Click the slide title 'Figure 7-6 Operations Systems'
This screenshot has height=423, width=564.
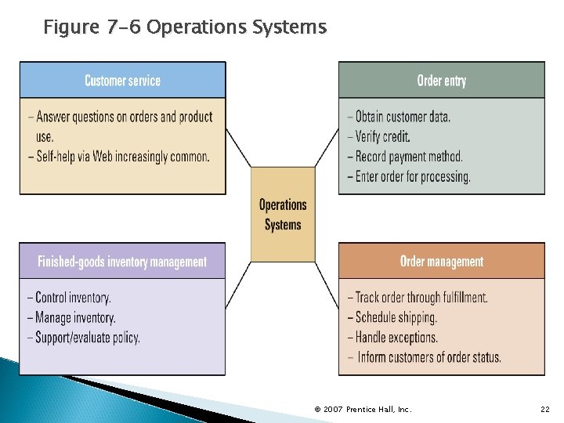[x=184, y=28]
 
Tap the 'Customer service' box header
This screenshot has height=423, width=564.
[x=122, y=81]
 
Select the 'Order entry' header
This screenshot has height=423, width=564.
[x=441, y=81]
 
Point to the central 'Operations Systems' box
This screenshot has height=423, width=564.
[x=283, y=214]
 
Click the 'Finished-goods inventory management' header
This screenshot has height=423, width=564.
[x=122, y=262]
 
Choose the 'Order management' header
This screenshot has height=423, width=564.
[x=441, y=262]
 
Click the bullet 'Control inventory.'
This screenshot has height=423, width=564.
[x=73, y=298]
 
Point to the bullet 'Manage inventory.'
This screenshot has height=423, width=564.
[x=75, y=318]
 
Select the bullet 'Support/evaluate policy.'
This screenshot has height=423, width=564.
[x=88, y=338]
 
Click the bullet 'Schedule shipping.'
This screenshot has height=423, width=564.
[x=396, y=317]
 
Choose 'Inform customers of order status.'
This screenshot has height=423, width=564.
[x=428, y=358]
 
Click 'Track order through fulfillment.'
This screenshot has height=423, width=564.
[x=421, y=298]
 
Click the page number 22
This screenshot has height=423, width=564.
[x=545, y=410]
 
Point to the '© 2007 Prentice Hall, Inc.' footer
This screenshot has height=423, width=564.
[x=363, y=410]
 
